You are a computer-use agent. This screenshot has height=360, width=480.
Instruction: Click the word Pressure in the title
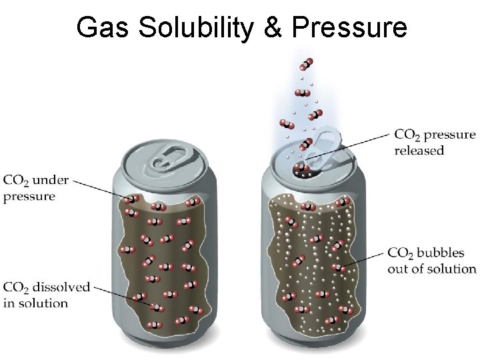tap(349, 28)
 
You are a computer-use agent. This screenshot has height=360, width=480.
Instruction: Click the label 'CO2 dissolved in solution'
tap(46, 295)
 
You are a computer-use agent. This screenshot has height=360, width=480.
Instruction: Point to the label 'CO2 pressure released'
tap(435, 142)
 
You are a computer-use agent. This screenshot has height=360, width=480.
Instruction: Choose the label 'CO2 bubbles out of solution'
tap(431, 261)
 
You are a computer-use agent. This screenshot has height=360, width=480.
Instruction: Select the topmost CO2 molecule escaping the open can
tap(306, 64)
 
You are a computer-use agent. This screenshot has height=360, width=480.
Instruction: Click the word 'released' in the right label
tap(419, 151)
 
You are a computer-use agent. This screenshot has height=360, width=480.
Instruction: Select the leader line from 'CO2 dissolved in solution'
tap(123, 296)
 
